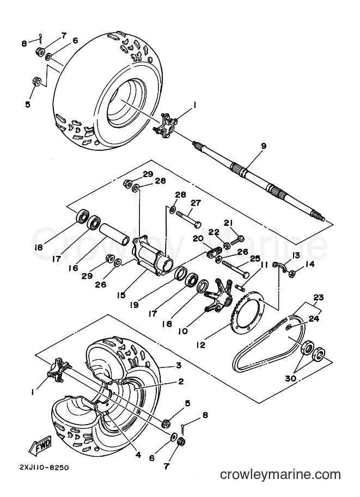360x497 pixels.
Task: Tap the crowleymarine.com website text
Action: coord(280,475)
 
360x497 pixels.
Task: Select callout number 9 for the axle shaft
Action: coord(264,146)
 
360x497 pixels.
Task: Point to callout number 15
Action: coord(121,296)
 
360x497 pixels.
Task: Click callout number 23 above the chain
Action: coord(319,297)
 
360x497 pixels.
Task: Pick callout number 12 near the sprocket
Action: coord(200,345)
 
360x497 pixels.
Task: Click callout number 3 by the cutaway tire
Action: coord(179,365)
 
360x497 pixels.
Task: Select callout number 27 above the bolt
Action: coord(196,203)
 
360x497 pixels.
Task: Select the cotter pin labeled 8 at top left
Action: coord(41,37)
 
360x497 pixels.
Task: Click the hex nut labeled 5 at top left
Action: coord(36,82)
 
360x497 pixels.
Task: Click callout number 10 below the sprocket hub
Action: coord(183,331)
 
